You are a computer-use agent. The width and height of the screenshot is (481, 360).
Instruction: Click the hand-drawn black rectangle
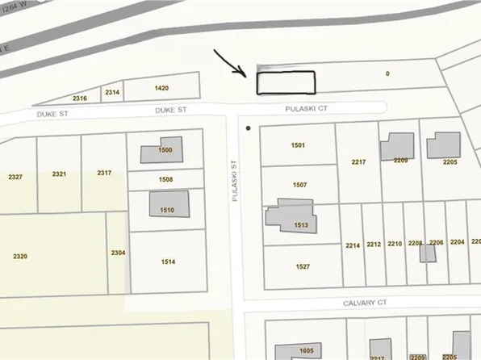pyautogui.click(x=285, y=82)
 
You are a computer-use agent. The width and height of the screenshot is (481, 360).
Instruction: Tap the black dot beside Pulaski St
pyautogui.click(x=248, y=128)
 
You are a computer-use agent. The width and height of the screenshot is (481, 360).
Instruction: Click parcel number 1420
pyautogui.click(x=162, y=87)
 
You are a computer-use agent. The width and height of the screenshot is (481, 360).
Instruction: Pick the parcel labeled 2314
pyautogui.click(x=112, y=93)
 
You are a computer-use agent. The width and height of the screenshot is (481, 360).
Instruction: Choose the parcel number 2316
pyautogui.click(x=80, y=98)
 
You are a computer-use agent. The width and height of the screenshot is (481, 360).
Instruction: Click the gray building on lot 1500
pyautogui.click(x=161, y=151)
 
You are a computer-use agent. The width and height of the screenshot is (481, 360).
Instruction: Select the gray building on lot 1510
pyautogui.click(x=169, y=203)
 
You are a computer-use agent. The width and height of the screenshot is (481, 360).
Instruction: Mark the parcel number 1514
pyautogui.click(x=168, y=262)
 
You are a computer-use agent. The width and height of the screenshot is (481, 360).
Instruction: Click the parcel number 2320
pyautogui.click(x=20, y=256)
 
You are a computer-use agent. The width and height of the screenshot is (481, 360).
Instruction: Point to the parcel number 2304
pyautogui.click(x=118, y=253)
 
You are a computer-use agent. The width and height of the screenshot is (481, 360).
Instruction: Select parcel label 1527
pyautogui.click(x=303, y=266)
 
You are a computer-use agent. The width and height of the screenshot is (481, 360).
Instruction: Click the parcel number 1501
pyautogui.click(x=298, y=144)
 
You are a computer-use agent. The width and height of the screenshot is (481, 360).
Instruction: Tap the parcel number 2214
pyautogui.click(x=352, y=245)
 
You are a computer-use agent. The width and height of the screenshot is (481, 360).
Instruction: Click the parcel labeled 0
pyautogui.click(x=387, y=73)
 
